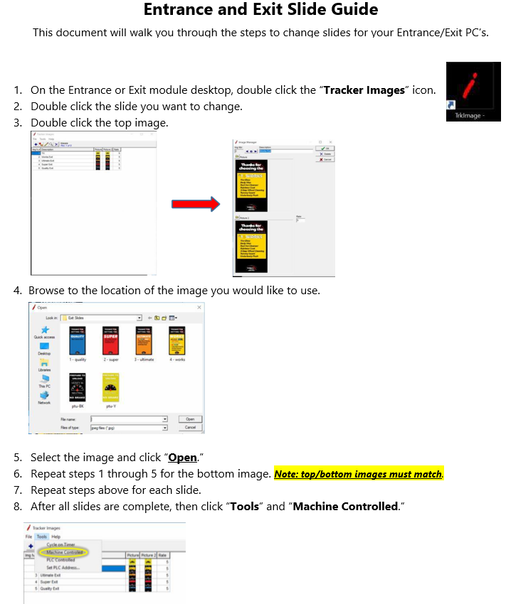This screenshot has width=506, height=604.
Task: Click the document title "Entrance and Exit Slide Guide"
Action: pyautogui.click(x=260, y=10)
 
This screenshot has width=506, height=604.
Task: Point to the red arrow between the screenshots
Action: pyautogui.click(x=195, y=205)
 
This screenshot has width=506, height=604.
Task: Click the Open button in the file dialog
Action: pyautogui.click(x=190, y=419)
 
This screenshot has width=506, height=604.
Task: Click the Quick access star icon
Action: pyautogui.click(x=44, y=330)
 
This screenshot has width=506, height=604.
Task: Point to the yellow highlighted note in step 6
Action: pyautogui.click(x=358, y=474)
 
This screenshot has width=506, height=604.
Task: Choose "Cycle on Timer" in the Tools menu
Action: pyautogui.click(x=62, y=544)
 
